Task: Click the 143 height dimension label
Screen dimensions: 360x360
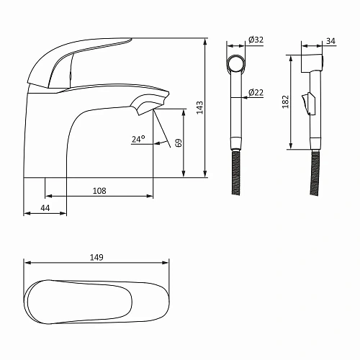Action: point(199,107)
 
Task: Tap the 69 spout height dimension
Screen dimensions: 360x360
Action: point(179,143)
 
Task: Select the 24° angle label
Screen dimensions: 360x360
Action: point(138,139)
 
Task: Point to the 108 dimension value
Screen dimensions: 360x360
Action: point(99,191)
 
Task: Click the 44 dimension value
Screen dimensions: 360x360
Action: point(45,208)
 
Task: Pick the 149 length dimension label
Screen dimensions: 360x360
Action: point(96,257)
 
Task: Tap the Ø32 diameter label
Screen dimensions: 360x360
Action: point(256,40)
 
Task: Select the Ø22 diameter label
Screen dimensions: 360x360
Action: point(256,92)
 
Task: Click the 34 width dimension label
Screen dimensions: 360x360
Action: point(330,41)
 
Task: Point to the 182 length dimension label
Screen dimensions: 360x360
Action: point(286,102)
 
